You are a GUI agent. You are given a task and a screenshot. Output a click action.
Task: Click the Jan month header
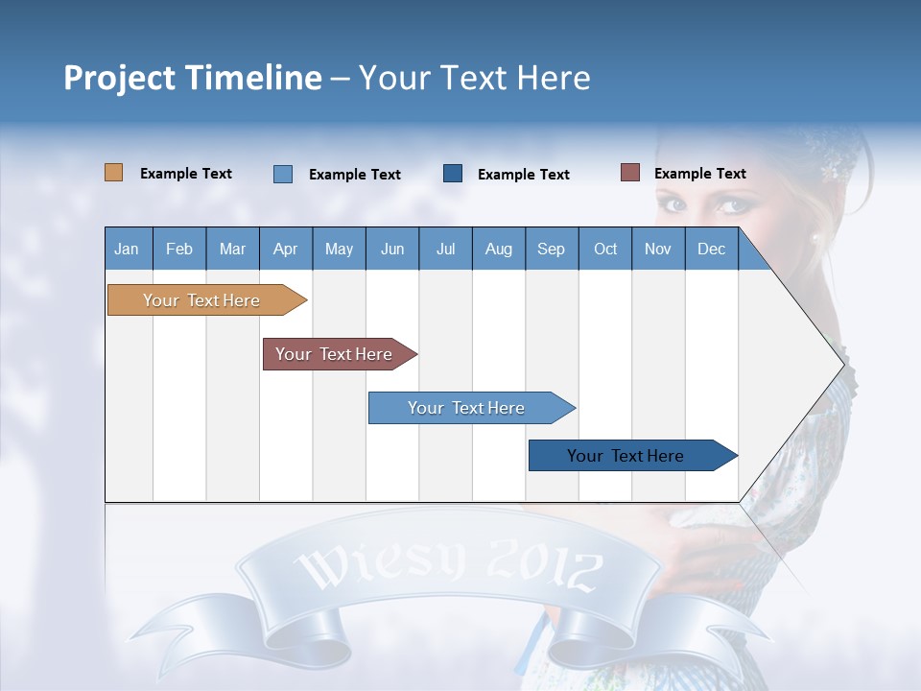(127, 249)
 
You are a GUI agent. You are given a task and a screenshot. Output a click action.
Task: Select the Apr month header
(285, 249)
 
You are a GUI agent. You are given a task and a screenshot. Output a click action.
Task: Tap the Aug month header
(498, 249)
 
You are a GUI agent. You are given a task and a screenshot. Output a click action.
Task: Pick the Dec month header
(711, 249)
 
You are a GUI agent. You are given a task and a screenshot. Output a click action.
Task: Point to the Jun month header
(391, 249)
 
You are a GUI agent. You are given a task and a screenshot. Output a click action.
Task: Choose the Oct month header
(604, 249)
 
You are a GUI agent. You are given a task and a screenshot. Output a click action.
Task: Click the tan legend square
(113, 173)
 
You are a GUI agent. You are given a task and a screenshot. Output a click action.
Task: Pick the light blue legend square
(282, 174)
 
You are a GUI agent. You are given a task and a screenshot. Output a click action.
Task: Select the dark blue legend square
(453, 174)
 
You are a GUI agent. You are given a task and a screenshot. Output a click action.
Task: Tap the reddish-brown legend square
(629, 173)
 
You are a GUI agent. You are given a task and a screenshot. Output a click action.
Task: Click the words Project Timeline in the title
(192, 78)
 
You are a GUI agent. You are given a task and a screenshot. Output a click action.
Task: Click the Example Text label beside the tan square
(186, 174)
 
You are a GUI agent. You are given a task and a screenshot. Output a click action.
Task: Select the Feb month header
(179, 249)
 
